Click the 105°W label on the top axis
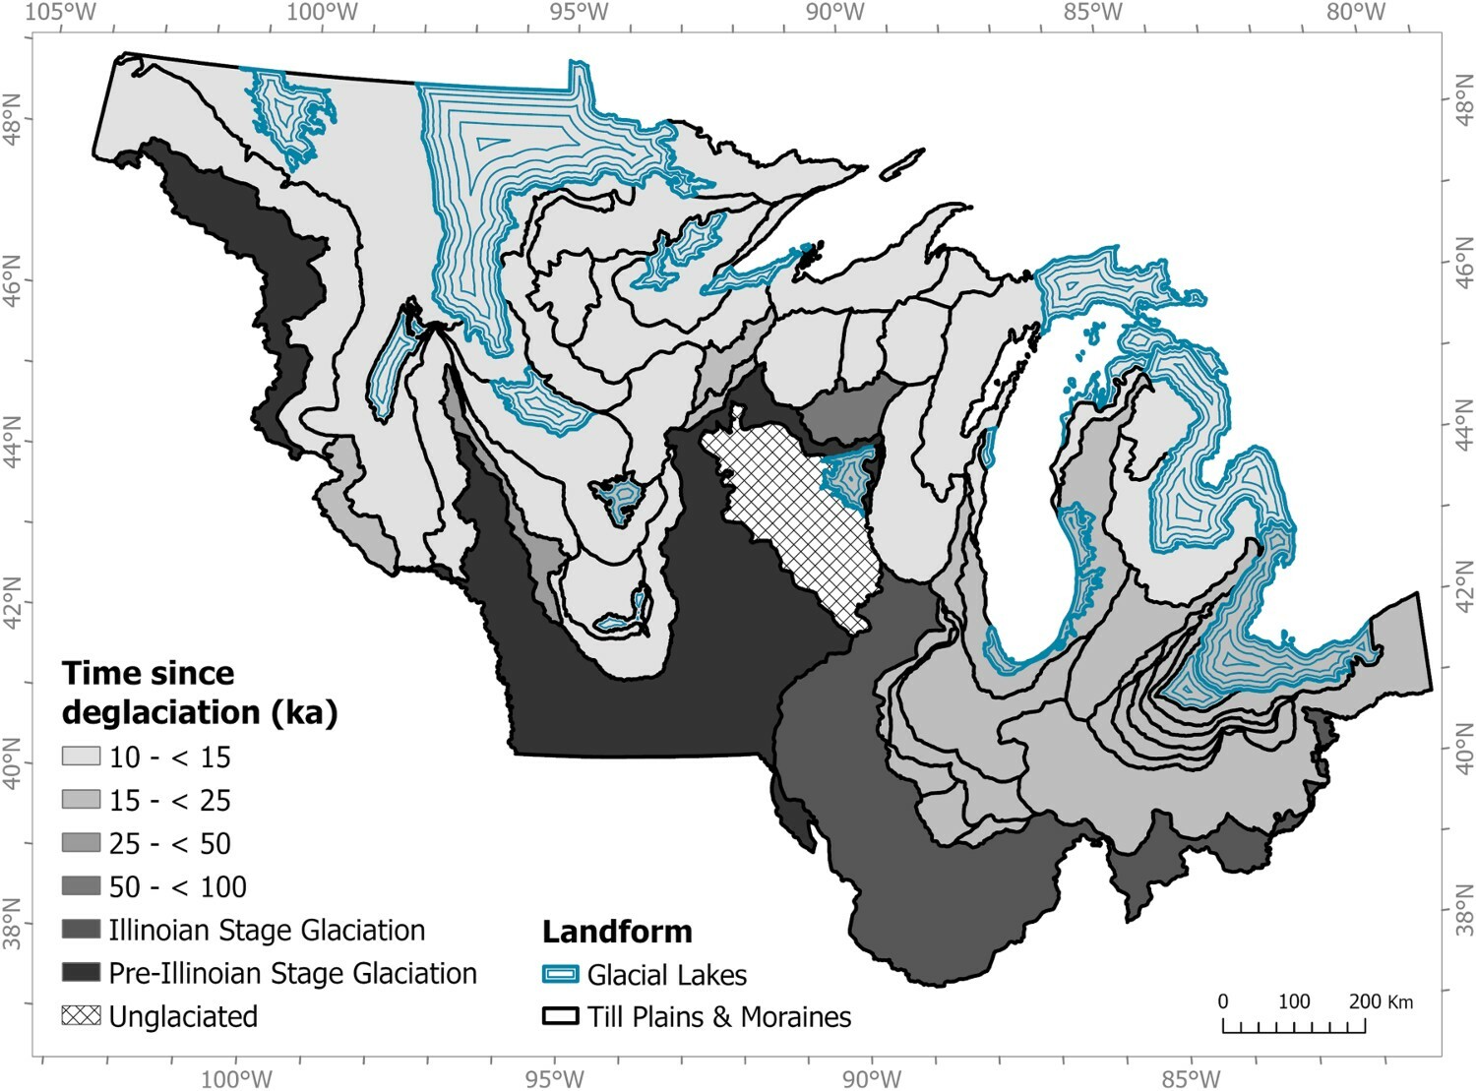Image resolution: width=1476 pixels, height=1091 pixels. [x=62, y=13]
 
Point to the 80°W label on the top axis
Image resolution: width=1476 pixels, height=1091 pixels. [x=1355, y=13]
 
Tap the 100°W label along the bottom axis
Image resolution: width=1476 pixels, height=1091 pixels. [x=236, y=1078]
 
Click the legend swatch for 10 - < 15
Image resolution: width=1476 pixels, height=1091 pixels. [x=81, y=757]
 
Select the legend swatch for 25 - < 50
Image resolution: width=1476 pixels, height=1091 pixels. [x=81, y=843]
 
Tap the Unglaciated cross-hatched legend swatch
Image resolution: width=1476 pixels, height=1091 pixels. [x=81, y=1016]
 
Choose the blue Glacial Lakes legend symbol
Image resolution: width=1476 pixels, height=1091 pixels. [x=560, y=975]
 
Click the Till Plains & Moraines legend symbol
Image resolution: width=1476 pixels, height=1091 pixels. [x=560, y=1017]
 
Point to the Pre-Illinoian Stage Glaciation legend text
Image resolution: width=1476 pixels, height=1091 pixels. [x=292, y=973]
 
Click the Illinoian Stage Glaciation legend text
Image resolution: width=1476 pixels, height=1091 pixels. [x=267, y=930]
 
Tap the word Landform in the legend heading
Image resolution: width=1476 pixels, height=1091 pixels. [x=617, y=931]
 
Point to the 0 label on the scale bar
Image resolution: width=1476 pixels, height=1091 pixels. [x=1223, y=1001]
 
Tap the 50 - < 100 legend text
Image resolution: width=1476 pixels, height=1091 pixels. [x=177, y=886]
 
